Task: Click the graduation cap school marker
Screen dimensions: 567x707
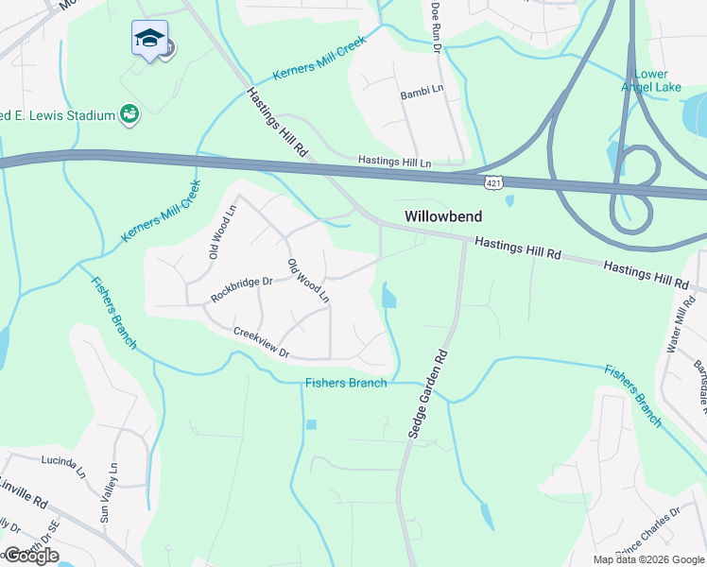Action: pyautogui.click(x=149, y=40)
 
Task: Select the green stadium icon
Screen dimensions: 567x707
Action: pyautogui.click(x=129, y=115)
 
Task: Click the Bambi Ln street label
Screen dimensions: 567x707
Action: pyautogui.click(x=422, y=91)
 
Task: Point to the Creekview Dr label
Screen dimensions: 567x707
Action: pyautogui.click(x=260, y=342)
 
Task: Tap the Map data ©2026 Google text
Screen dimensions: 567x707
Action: pyautogui.click(x=648, y=559)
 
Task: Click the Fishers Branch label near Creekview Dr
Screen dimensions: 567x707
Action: pyautogui.click(x=346, y=383)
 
